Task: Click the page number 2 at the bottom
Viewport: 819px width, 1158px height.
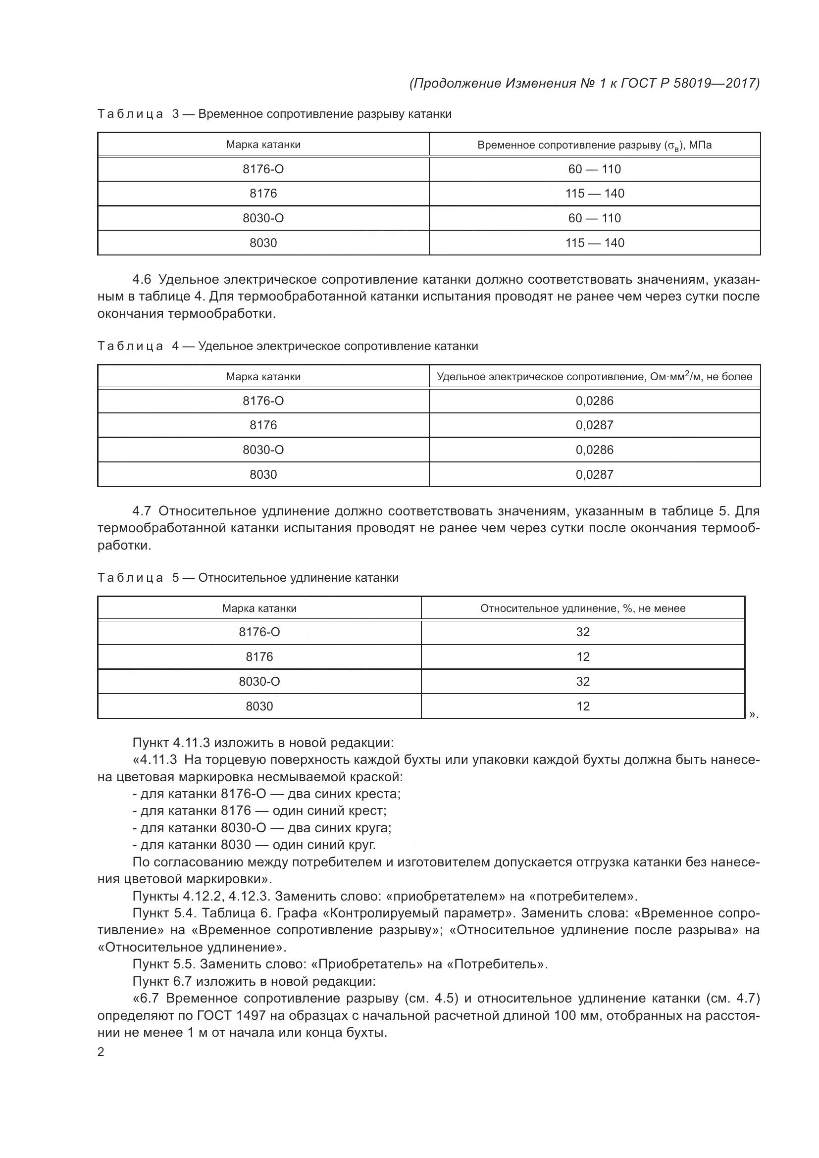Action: [x=101, y=1052]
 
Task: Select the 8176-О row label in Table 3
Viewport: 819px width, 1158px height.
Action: [x=263, y=169]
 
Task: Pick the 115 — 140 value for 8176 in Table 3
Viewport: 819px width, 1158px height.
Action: [x=594, y=193]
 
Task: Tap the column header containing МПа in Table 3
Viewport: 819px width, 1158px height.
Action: [x=594, y=145]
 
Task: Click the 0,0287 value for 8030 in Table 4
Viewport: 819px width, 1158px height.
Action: [x=594, y=474]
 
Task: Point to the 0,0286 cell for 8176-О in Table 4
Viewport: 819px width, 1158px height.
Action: [x=594, y=401]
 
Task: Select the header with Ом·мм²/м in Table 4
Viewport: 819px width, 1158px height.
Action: [x=594, y=376]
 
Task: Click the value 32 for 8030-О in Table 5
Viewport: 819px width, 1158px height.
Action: [x=582, y=681]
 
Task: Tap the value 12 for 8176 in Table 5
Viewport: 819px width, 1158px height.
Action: [x=582, y=656]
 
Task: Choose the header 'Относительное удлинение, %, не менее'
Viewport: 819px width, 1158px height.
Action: [x=582, y=608]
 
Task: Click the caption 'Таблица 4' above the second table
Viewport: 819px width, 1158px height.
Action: [x=130, y=346]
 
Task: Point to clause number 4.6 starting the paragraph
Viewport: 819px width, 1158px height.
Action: [x=142, y=279]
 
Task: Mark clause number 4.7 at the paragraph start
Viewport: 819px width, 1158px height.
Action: [x=142, y=511]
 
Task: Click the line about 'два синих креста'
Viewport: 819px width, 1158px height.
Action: [x=266, y=794]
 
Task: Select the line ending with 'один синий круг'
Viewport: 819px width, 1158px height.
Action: [x=254, y=844]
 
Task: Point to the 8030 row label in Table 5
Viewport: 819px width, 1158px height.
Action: [x=259, y=706]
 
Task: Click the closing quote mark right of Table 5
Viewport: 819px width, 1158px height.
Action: [x=754, y=714]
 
